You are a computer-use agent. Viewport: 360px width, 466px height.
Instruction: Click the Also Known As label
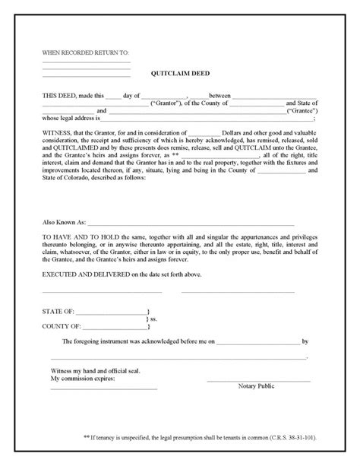(x=64, y=225)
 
